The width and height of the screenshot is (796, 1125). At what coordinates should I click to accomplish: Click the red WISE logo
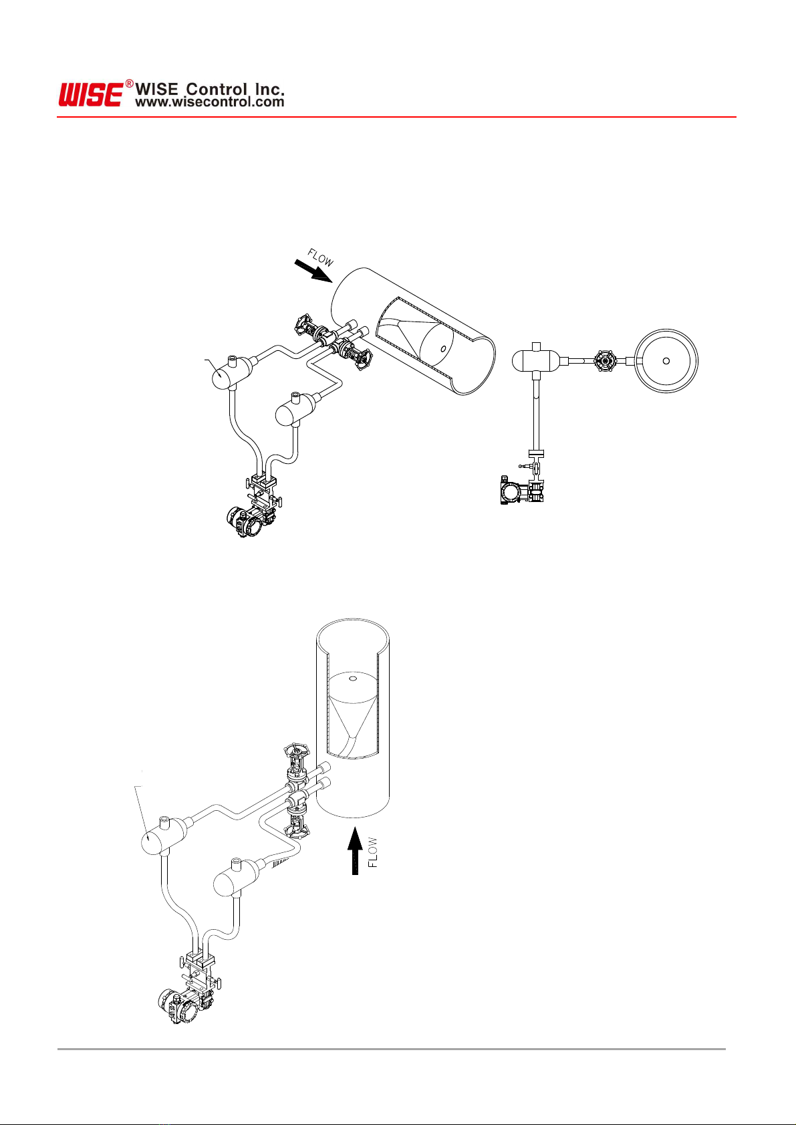coord(91,95)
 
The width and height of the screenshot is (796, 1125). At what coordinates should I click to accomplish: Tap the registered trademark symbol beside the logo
coord(130,84)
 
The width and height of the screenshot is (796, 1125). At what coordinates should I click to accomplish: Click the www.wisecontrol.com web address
coord(209,102)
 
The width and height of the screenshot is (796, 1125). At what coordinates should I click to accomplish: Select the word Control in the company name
coord(217,90)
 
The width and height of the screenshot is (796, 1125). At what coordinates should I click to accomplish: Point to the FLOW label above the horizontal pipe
coord(320,257)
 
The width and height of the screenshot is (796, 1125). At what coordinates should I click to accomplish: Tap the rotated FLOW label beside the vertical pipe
coord(373,852)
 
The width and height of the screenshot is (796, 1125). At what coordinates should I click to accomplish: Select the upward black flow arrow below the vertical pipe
coord(355,851)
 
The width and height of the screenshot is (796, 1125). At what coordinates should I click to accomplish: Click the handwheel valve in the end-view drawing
coord(605,361)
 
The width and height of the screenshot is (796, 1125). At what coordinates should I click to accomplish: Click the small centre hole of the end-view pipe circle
coord(666,360)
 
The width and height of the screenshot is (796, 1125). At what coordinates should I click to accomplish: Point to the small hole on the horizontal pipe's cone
coord(443,349)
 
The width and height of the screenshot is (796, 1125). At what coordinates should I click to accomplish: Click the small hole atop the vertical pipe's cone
coord(352,679)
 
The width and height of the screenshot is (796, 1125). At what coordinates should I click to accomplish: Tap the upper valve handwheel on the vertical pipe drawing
coord(296,753)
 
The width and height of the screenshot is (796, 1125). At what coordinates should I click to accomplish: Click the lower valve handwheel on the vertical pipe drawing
coord(297,832)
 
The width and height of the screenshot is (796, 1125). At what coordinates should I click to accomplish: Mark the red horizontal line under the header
coord(396,117)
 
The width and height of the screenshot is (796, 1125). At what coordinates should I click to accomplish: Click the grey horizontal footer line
coord(392,1049)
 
